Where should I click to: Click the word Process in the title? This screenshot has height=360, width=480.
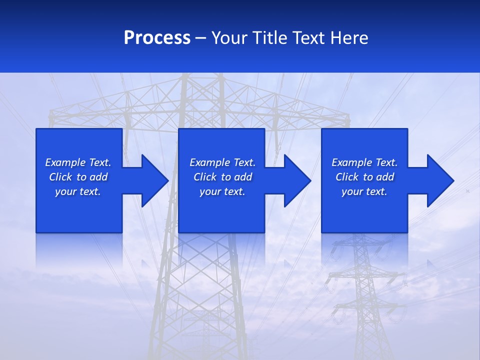click(x=157, y=38)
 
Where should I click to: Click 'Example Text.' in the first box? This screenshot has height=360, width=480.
click(x=78, y=162)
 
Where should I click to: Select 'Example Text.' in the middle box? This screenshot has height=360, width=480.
click(x=222, y=162)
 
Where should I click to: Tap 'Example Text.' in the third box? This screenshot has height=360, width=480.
click(x=364, y=162)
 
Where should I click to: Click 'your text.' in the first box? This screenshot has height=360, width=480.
click(x=78, y=191)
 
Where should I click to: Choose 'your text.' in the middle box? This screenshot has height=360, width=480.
click(x=222, y=191)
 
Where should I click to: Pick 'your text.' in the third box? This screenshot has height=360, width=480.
click(x=364, y=191)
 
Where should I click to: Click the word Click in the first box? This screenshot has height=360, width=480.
click(x=60, y=177)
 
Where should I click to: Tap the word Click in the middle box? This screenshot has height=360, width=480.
click(x=205, y=177)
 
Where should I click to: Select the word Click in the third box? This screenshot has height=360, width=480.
click(x=347, y=177)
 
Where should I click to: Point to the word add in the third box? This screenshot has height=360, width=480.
click(x=385, y=177)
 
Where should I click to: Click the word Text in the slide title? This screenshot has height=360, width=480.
click(x=309, y=38)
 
